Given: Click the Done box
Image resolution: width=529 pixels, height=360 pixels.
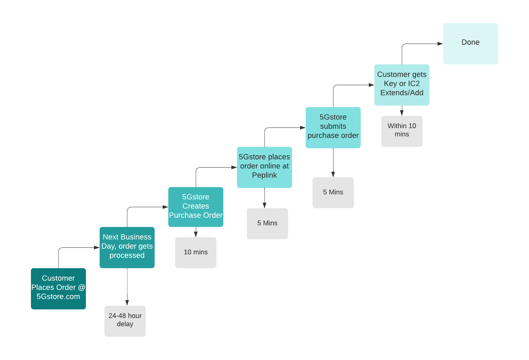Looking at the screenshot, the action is (x=471, y=44).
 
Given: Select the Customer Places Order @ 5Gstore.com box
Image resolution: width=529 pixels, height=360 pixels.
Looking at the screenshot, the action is (x=58, y=289).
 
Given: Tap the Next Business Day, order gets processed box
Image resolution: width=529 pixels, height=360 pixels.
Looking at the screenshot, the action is (x=127, y=248).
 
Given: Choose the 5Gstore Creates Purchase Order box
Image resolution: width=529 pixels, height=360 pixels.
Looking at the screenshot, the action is (x=196, y=207).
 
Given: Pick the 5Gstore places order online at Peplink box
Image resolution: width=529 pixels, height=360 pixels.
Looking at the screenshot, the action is (x=264, y=167).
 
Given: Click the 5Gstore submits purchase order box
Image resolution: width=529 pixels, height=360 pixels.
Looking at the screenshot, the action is (x=333, y=127).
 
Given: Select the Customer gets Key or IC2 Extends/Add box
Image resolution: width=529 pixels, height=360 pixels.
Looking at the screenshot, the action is (x=402, y=85).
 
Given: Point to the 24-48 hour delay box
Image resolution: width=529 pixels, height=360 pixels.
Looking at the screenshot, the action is (x=125, y=321).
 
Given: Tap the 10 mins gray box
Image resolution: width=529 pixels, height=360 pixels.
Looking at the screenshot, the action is (x=196, y=253).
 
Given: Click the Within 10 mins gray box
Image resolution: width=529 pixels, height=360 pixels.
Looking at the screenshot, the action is (x=402, y=131).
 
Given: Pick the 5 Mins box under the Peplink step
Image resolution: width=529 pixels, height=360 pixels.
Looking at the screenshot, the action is (x=268, y=224).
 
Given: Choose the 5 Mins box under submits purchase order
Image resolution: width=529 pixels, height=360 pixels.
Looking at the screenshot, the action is (x=333, y=193).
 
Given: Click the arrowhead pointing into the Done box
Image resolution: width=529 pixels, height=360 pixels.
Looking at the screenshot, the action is (x=440, y=44).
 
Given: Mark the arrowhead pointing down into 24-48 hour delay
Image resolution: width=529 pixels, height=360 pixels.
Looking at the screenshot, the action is (x=127, y=303).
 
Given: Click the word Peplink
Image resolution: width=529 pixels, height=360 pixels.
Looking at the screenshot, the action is (x=264, y=175).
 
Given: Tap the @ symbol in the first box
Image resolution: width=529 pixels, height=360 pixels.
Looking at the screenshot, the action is (x=81, y=287).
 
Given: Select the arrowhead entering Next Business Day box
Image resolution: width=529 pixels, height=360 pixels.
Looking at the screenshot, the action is (x=97, y=248).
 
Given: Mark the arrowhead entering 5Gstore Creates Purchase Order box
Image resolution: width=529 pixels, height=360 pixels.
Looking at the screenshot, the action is (x=166, y=207).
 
